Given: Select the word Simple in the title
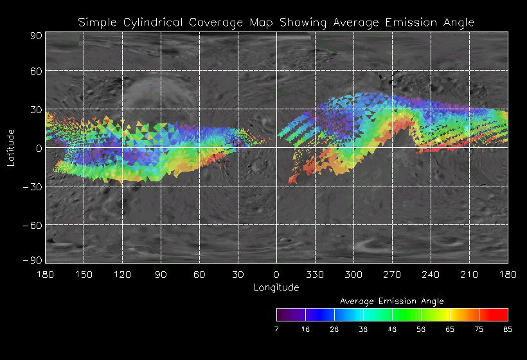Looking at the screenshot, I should click(x=96, y=22).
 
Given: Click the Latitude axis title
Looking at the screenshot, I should click(x=11, y=147).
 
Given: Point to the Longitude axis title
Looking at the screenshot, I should click(x=276, y=287).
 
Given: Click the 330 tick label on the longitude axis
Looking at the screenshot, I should click(x=315, y=274).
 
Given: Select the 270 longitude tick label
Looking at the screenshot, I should click(x=392, y=274).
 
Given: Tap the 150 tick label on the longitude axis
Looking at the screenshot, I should click(x=84, y=274).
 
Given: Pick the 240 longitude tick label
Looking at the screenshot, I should click(x=431, y=274).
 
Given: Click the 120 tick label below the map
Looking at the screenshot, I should click(x=122, y=274).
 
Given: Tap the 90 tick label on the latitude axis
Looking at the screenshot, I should click(x=36, y=36).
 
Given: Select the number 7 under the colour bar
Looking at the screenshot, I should click(x=276, y=328).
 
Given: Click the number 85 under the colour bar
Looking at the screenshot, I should click(x=508, y=328).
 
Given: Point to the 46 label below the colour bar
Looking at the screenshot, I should click(x=392, y=328).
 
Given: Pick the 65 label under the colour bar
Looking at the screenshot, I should click(x=450, y=328).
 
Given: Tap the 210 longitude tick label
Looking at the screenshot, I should click(x=469, y=274).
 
